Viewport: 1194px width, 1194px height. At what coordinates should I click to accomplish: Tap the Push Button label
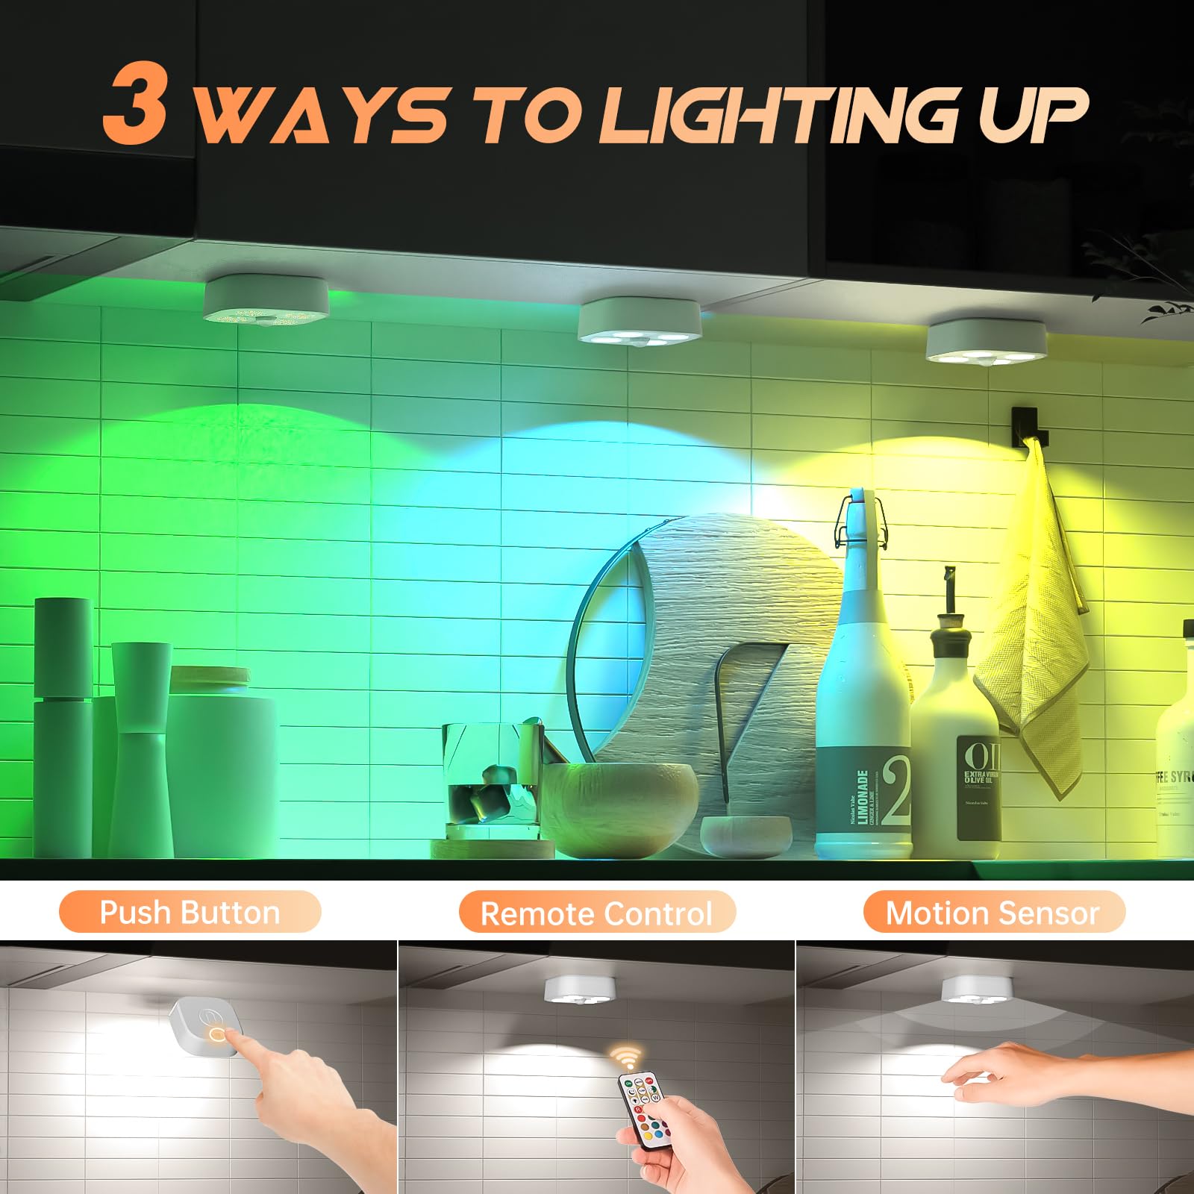pos(190,912)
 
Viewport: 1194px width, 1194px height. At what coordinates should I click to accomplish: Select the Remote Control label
pos(596,913)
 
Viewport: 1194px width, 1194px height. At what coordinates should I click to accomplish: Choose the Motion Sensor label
pos(993,913)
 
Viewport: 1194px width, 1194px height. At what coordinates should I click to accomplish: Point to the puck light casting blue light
pos(640,321)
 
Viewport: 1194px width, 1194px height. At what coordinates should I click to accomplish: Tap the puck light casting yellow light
pos(985,342)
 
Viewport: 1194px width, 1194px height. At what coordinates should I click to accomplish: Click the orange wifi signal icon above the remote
pos(625,1057)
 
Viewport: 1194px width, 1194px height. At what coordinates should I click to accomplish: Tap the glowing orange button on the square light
pos(217,1034)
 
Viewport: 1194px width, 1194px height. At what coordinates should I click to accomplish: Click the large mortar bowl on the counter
pos(619,810)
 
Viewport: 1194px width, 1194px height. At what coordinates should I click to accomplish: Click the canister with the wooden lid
pos(221,761)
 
